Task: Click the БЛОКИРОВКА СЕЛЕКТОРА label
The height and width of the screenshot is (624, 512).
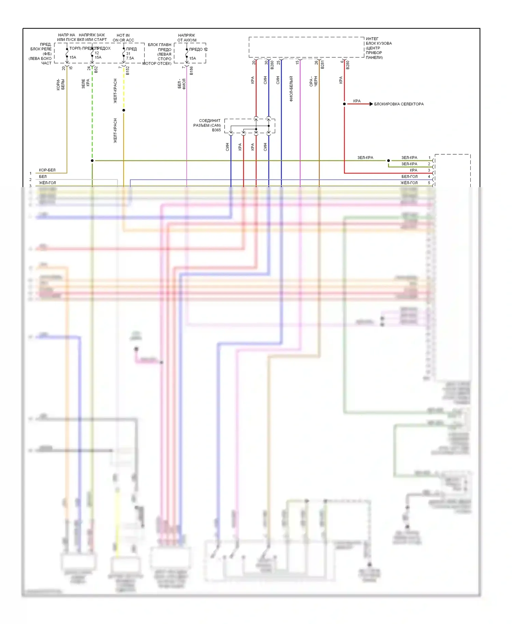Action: [x=399, y=104]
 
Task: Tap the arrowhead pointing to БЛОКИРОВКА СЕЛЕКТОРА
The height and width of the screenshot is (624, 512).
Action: [x=371, y=104]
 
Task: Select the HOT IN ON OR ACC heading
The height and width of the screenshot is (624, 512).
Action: [x=123, y=38]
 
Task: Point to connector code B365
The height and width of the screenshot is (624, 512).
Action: [x=216, y=130]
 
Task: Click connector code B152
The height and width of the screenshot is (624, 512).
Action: [x=128, y=71]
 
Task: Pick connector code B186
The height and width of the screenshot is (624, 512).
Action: [x=191, y=71]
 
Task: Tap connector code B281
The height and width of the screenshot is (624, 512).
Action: [x=323, y=65]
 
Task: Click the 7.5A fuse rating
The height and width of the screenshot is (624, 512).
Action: [x=130, y=58]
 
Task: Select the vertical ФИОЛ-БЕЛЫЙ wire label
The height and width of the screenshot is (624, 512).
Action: [x=291, y=89]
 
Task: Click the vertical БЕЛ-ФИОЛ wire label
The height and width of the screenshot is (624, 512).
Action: [x=182, y=84]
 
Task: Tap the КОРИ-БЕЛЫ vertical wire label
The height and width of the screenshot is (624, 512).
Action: [x=60, y=84]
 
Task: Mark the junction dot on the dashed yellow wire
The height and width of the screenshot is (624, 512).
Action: [x=124, y=110]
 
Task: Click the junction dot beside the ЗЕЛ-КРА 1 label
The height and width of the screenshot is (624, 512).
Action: [x=388, y=160]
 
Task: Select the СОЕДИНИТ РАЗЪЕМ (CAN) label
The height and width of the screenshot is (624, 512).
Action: [x=207, y=123]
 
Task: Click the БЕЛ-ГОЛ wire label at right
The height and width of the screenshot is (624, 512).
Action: [x=409, y=176]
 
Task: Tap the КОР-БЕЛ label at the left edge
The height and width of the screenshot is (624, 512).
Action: [x=47, y=170]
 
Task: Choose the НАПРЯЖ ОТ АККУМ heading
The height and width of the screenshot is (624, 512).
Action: [x=187, y=38]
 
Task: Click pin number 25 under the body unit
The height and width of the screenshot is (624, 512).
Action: [x=279, y=62]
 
